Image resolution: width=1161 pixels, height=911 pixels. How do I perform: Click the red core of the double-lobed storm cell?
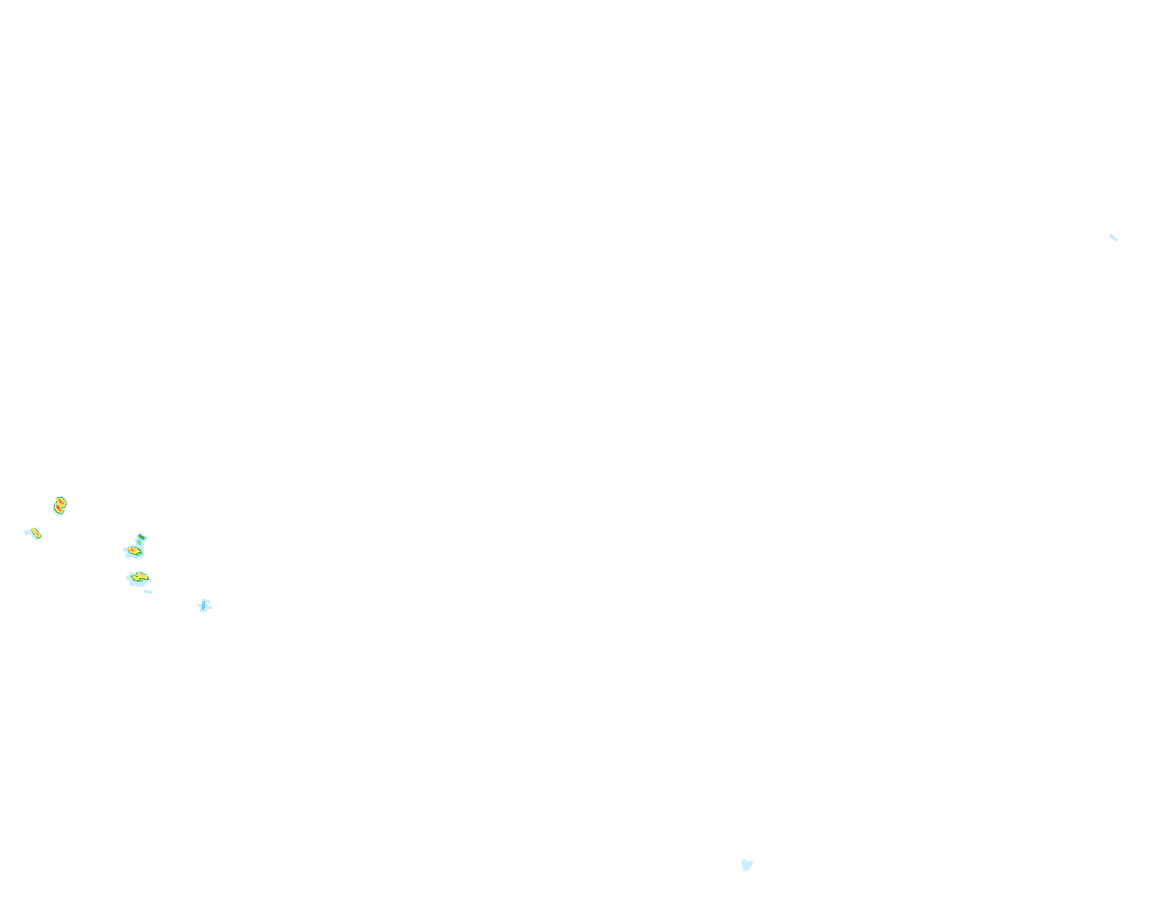[58, 508]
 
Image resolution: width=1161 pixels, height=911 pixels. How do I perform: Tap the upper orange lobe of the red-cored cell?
[61, 502]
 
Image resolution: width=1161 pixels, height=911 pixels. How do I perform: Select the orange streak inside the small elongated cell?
[37, 534]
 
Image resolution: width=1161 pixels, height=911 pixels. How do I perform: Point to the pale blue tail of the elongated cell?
[28, 532]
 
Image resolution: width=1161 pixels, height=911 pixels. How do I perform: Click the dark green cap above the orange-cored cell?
[141, 537]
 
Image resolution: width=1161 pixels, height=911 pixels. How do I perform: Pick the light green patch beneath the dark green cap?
[139, 543]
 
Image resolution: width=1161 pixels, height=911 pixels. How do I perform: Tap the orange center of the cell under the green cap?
[132, 550]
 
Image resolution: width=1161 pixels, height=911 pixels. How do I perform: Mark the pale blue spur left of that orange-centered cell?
[125, 550]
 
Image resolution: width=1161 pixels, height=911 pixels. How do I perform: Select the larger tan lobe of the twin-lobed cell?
[143, 576]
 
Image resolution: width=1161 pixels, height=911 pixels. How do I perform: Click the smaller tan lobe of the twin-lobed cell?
[136, 578]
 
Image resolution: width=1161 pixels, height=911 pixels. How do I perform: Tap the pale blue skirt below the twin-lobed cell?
[137, 584]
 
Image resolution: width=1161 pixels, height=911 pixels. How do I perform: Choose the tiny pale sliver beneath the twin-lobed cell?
[148, 592]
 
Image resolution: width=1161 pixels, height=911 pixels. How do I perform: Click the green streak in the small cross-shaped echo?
[203, 605]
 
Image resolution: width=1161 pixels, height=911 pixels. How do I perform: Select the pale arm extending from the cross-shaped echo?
[210, 608]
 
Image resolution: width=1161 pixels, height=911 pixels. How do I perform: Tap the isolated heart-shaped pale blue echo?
[746, 866]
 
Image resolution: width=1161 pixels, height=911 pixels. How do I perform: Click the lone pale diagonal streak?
[1114, 238]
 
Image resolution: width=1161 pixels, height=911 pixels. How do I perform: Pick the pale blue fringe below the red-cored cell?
[59, 514]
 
